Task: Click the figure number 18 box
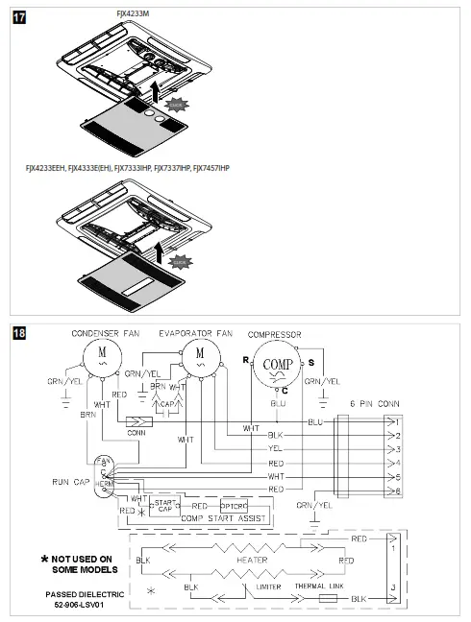17,333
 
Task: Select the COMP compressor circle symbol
278,364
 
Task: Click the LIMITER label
274,586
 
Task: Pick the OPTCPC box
235,505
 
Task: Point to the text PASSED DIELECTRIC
86,594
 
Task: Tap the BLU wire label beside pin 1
314,420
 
